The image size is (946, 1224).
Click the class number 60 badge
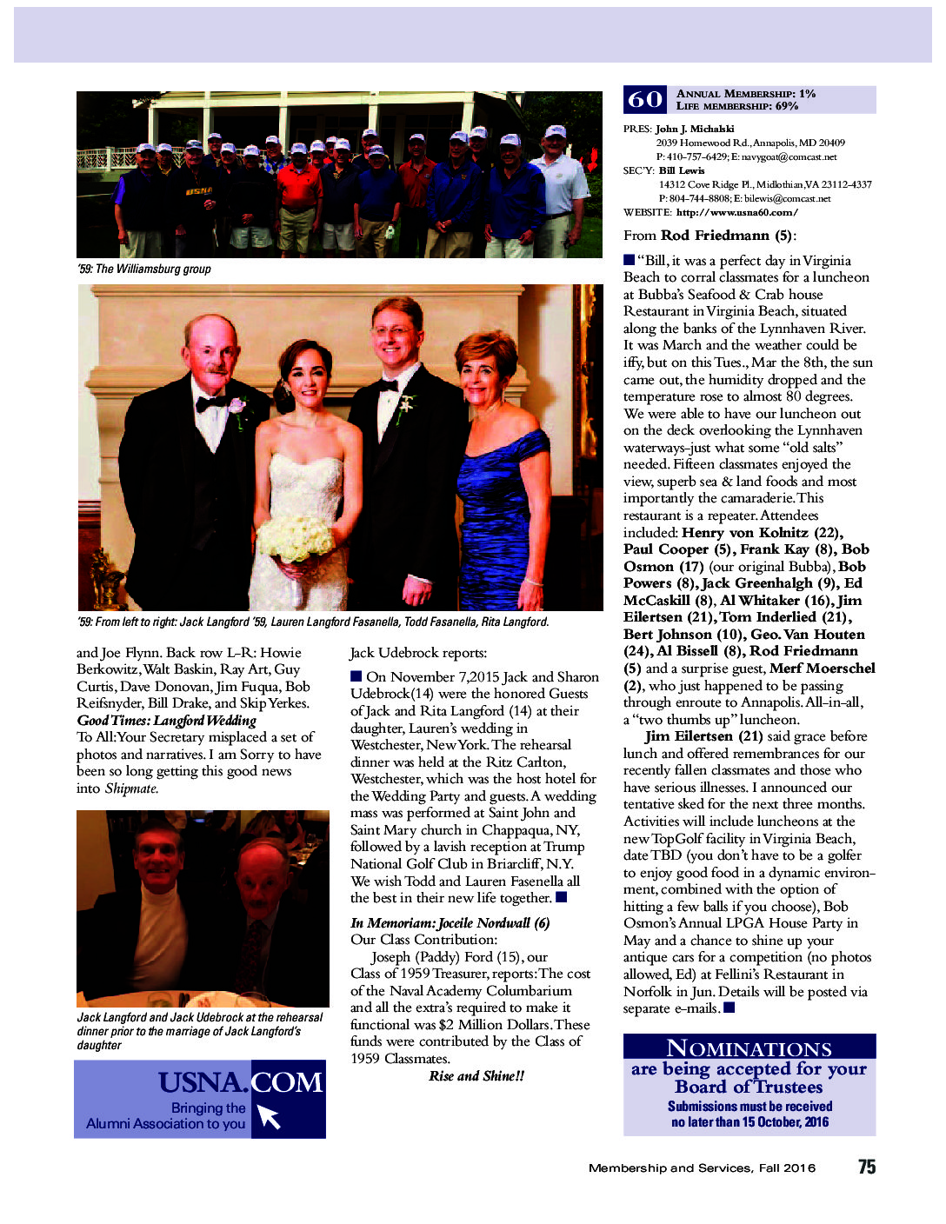[644, 100]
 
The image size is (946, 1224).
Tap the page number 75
[866, 1167]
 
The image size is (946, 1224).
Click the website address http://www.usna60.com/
[736, 212]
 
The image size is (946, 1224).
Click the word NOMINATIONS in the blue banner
[749, 1048]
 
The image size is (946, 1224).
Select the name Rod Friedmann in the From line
[716, 236]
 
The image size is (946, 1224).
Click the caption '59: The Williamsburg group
[144, 269]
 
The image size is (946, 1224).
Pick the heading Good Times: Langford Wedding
[166, 720]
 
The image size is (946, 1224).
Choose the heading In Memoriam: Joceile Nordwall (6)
[450, 922]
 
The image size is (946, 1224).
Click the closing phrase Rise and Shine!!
[476, 1075]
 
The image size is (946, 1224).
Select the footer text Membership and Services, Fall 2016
[702, 1167]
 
